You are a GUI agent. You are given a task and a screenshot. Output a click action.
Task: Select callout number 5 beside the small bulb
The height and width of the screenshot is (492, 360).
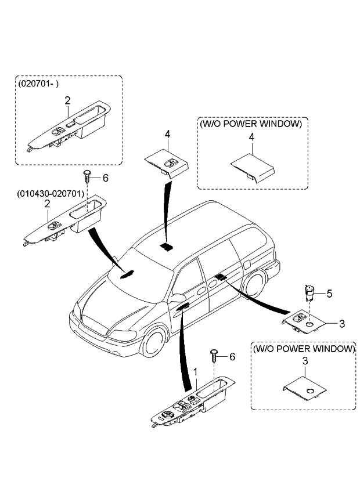click(x=329, y=294)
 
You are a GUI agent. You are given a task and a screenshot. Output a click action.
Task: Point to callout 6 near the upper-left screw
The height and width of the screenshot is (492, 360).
click(x=105, y=177)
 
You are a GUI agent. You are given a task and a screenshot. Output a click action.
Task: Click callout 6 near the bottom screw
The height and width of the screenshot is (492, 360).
click(x=232, y=357)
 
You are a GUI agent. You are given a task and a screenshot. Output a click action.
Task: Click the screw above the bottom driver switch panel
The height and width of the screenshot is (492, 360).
click(x=214, y=353)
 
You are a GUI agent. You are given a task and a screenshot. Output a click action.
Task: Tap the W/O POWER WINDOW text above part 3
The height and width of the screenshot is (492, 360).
click(x=303, y=349)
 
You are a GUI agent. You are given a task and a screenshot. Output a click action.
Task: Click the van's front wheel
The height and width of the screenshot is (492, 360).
click(x=154, y=342)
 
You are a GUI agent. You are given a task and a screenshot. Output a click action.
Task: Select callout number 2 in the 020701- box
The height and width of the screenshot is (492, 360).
click(x=67, y=100)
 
